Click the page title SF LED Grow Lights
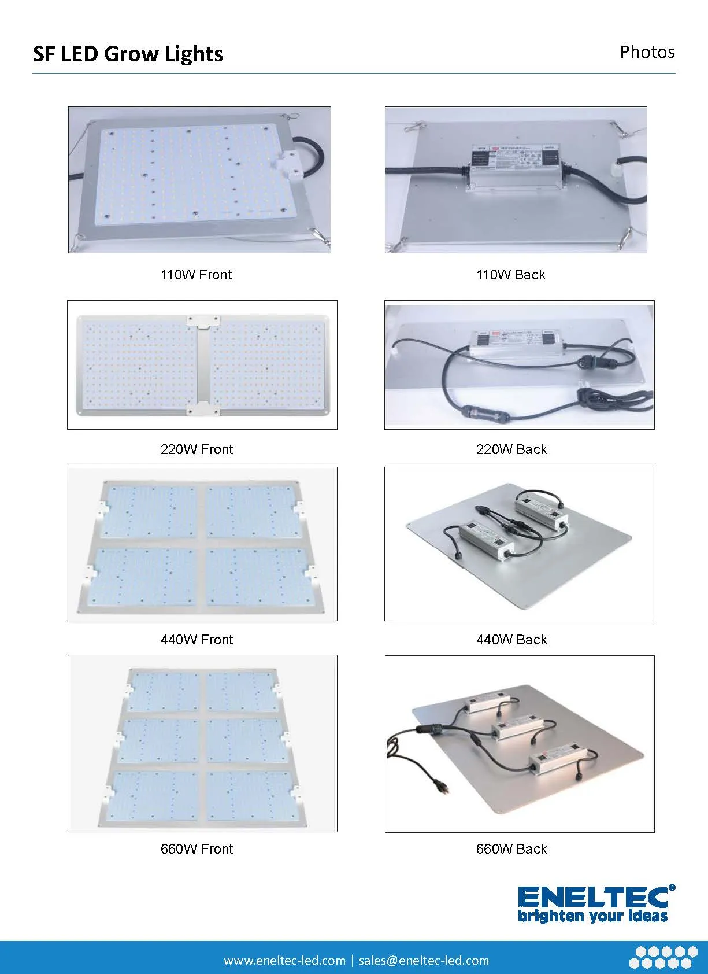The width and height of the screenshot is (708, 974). click(128, 54)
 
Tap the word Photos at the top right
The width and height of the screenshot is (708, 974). click(647, 52)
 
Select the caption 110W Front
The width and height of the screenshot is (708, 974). click(196, 275)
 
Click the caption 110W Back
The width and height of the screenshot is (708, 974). click(511, 275)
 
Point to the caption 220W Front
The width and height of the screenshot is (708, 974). click(197, 449)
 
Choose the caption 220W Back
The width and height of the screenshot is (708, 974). click(511, 449)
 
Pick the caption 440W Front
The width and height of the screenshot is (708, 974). click(197, 640)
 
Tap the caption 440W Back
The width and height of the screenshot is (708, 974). click(511, 640)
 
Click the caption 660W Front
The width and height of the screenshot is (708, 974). click(197, 849)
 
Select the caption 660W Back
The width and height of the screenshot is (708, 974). click(511, 849)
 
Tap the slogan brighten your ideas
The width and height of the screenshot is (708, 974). click(592, 916)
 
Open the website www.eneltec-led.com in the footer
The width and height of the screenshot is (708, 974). click(284, 961)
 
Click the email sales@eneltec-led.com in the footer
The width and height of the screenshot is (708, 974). click(424, 961)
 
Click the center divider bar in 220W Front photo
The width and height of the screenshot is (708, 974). click(202, 365)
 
